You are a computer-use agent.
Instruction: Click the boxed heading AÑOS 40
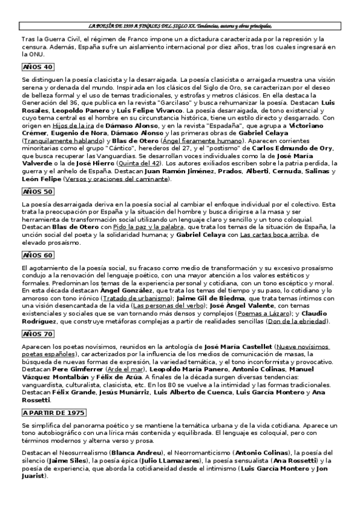[38, 67]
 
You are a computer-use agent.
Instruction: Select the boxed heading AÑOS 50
[38, 192]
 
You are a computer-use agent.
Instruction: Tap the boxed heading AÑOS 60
[38, 254]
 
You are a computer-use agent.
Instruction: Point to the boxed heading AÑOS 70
[38, 334]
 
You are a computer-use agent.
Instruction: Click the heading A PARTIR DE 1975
[54, 413]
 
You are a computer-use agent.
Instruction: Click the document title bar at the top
[180, 26]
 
